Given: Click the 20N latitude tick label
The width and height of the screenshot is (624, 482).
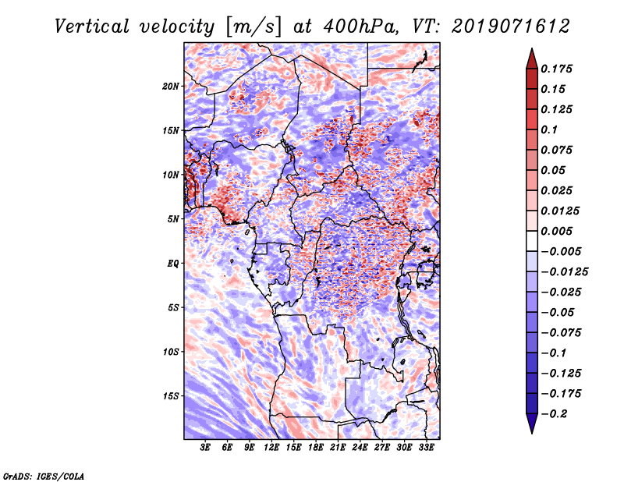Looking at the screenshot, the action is point(171,87).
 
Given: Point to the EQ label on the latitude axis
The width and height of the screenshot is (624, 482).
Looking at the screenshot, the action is point(173,264).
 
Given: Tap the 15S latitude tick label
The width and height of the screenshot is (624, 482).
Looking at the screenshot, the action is point(171,396).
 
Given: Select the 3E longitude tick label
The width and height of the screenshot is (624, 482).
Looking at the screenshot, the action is point(205,448).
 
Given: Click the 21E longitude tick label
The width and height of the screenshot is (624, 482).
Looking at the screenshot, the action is point(338,448).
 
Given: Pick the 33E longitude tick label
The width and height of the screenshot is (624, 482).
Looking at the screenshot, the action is point(426,448).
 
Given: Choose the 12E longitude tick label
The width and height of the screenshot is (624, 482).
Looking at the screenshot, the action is point(271,448).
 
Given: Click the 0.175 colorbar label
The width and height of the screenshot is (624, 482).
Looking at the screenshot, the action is point(556,69).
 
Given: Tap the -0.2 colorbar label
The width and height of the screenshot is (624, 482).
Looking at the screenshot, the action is point(554,414).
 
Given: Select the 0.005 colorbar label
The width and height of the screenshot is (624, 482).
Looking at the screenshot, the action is point(556,231).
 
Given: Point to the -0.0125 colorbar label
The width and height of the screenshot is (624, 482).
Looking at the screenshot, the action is point(564,272).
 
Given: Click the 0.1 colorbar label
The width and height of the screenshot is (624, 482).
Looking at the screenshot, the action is point(549,129).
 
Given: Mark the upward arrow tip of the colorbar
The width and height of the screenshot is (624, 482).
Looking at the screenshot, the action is point(532,48).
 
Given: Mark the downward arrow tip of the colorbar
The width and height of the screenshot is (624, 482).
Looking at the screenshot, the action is point(532,434).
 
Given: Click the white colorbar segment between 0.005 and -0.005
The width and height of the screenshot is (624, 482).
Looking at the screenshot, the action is point(532,241).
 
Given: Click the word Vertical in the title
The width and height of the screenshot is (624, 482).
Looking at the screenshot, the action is point(92,27).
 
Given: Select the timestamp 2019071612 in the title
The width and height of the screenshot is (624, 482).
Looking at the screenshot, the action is point(511,27).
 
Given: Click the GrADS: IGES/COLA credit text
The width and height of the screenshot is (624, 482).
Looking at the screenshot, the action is point(44,476).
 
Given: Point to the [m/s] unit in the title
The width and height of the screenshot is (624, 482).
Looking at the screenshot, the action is point(253,27).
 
